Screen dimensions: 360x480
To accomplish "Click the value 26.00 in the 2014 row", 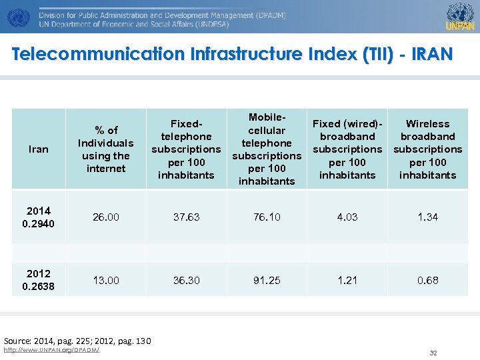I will [106, 217].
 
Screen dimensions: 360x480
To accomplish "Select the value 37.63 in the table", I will [187, 217].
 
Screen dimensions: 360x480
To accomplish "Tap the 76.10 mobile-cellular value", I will [267, 217].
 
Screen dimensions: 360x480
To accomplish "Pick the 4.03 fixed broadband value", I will [347, 217].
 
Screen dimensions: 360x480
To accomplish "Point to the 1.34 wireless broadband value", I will [427, 217].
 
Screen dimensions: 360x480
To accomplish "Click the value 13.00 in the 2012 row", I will [106, 281].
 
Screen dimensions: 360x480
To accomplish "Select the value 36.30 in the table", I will [187, 281].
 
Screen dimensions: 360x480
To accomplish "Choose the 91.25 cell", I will [267, 281].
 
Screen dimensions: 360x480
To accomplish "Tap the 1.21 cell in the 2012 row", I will [347, 281].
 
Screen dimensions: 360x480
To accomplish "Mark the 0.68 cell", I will [427, 281].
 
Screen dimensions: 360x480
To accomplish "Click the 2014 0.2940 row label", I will [39, 217].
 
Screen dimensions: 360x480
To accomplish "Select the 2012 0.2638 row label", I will [39, 280].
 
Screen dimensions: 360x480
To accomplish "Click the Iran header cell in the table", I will [39, 149].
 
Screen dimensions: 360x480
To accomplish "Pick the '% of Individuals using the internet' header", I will [106, 149].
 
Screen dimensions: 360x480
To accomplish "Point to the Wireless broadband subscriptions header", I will [427, 149].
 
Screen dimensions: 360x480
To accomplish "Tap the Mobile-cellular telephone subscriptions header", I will [267, 149].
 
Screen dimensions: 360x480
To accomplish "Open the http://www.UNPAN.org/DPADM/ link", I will [51, 350].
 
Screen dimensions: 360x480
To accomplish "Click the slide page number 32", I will [433, 353].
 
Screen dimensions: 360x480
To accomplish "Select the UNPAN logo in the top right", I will [460, 16].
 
